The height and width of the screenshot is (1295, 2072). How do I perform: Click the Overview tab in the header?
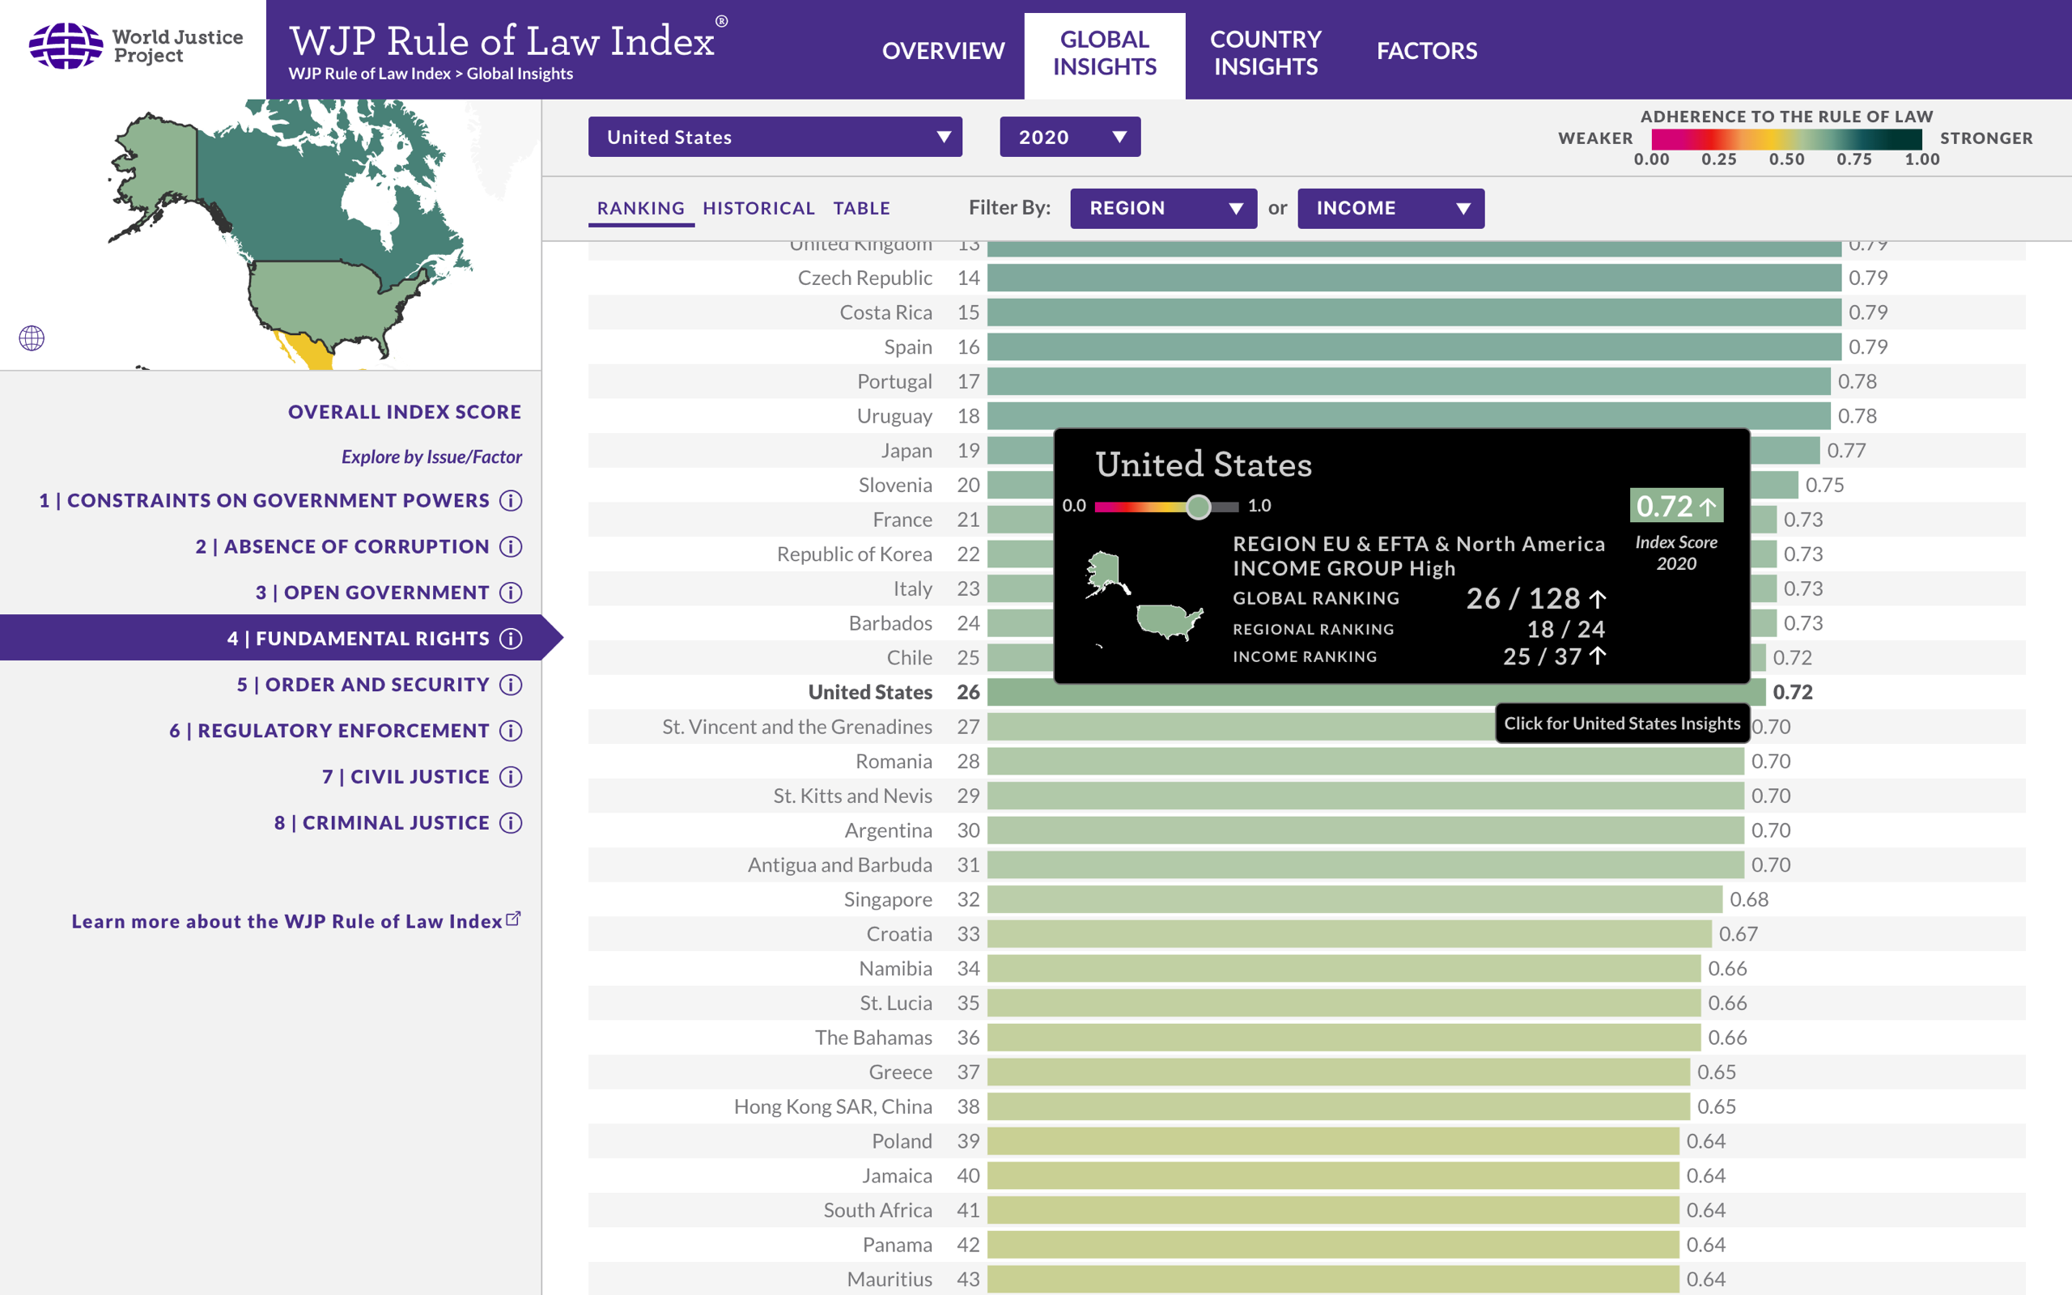click(x=943, y=50)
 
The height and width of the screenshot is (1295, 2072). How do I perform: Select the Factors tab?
click(x=1426, y=50)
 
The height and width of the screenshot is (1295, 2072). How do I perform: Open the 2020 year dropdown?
click(x=1069, y=137)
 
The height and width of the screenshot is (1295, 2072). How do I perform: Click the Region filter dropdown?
click(x=1163, y=208)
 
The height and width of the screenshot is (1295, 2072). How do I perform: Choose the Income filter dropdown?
click(x=1391, y=208)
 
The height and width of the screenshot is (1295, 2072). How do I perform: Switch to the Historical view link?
click(x=758, y=208)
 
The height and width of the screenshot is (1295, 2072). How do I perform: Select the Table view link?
click(x=861, y=208)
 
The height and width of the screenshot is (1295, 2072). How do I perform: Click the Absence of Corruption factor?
click(x=342, y=546)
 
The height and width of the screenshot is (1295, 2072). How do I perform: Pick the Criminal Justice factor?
click(x=382, y=823)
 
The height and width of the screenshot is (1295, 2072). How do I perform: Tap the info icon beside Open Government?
click(x=512, y=592)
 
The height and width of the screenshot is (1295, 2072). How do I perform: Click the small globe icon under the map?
click(x=32, y=338)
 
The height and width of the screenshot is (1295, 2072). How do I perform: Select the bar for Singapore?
click(x=1353, y=899)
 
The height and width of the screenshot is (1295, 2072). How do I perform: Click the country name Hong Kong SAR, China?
click(x=832, y=1106)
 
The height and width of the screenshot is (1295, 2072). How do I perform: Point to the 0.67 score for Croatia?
click(x=1738, y=934)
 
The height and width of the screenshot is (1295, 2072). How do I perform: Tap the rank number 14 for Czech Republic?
click(x=967, y=278)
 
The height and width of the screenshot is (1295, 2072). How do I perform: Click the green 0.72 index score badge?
click(x=1675, y=506)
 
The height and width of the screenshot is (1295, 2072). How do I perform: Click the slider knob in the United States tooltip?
click(x=1198, y=507)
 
